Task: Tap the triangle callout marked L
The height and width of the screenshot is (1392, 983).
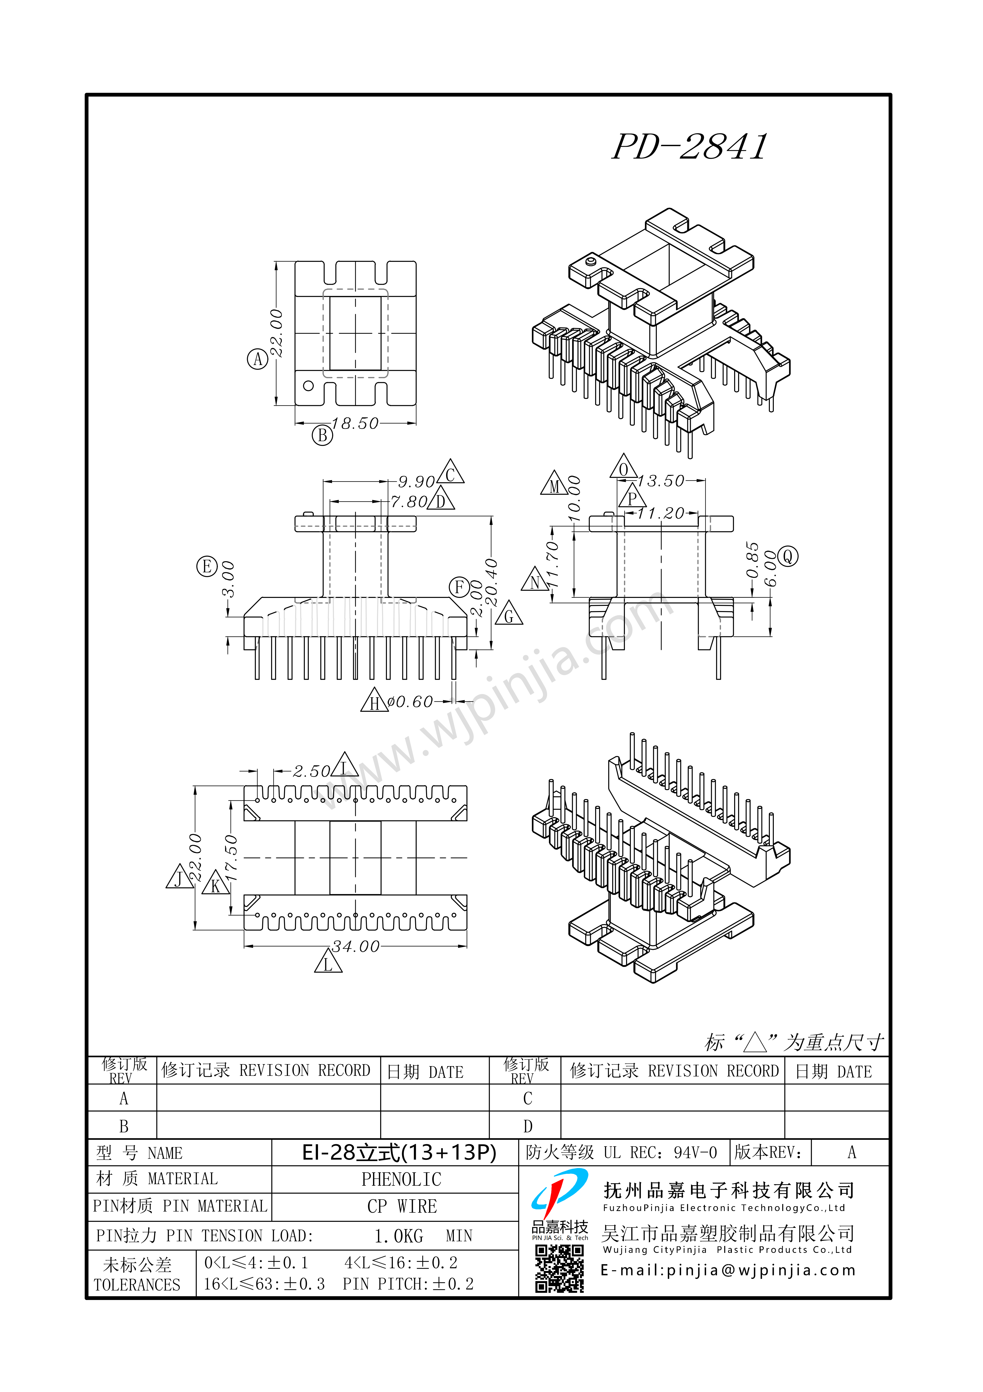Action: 328,962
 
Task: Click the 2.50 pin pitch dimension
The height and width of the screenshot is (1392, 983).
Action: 312,771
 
